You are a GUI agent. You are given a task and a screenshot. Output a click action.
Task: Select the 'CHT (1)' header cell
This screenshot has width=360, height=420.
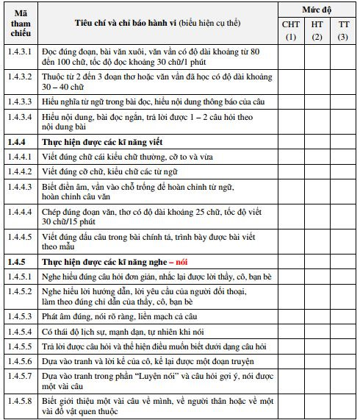(291, 31)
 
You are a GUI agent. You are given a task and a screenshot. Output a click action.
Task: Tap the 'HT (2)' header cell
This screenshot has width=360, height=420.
(317, 31)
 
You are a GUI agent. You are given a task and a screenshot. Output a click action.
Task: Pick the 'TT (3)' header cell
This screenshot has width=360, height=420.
(343, 31)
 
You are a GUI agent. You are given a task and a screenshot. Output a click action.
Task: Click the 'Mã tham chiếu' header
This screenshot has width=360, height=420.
(20, 24)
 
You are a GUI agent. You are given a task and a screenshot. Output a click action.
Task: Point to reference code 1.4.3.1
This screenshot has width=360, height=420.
(20, 53)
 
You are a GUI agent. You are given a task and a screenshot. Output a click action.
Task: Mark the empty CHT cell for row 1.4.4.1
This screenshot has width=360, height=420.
(291, 155)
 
